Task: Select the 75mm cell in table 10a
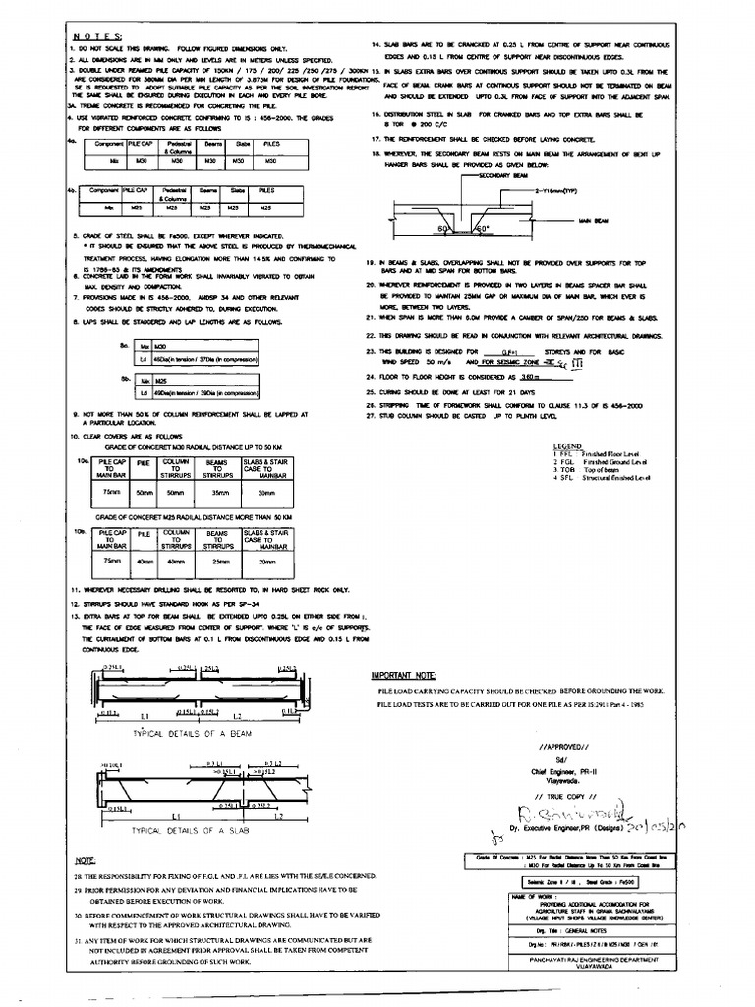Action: [110, 492]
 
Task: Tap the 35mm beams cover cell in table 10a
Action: [211, 492]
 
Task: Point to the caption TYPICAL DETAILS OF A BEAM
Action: [184, 735]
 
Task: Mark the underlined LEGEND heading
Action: [569, 444]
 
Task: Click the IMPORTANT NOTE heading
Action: [405, 676]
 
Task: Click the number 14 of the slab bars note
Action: [376, 46]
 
